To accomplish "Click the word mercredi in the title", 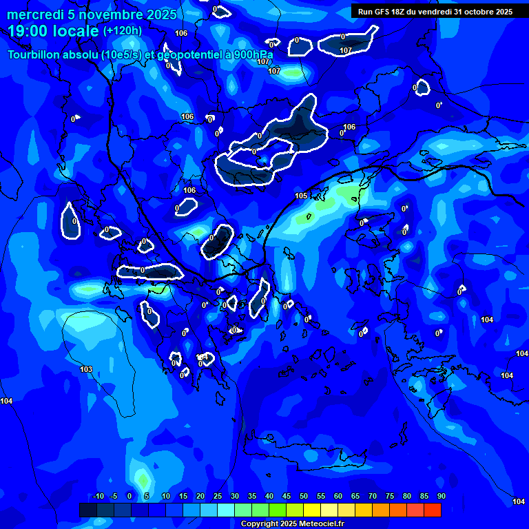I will tap(34, 14).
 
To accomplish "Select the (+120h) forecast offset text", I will tap(123, 30).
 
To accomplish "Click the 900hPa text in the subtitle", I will tap(250, 54).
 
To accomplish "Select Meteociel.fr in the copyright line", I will tap(318, 523).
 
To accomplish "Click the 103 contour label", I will tap(86, 370).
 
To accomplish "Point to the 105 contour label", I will tap(301, 196).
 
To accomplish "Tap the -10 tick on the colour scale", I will tap(98, 497).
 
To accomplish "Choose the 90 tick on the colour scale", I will tap(441, 497).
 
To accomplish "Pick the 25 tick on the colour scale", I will tap(217, 497).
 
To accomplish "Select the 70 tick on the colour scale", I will tap(372, 497).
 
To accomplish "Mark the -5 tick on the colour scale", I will tap(114, 497).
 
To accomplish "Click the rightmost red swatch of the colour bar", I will tap(432, 510).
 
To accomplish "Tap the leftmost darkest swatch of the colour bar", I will tap(88, 510).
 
